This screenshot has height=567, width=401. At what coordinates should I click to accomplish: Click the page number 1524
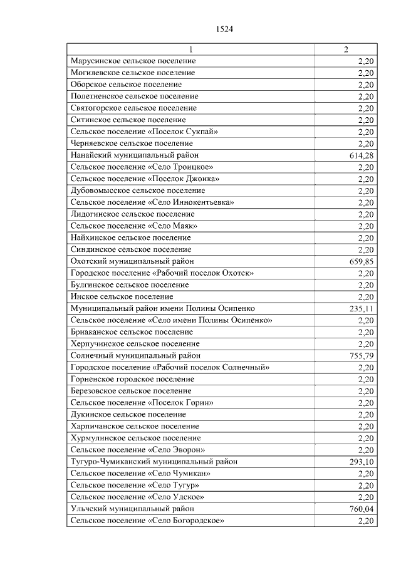pyautogui.click(x=224, y=29)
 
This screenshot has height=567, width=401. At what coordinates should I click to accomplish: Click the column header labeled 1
pyautogui.click(x=192, y=49)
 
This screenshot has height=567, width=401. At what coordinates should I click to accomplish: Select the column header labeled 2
pyautogui.click(x=346, y=49)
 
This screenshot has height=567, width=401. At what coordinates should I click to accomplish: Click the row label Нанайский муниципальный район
pyautogui.click(x=130, y=155)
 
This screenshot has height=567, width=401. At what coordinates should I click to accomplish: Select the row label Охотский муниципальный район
pyautogui.click(x=132, y=261)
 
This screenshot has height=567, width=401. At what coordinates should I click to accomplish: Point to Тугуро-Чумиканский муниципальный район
pyautogui.click(x=154, y=462)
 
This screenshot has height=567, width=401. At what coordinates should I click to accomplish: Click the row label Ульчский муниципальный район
pyautogui.click(x=132, y=509)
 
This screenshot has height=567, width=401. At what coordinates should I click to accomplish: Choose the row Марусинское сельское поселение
pyautogui.click(x=133, y=61)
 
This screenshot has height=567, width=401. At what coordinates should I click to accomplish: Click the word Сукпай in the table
pyautogui.click(x=202, y=132)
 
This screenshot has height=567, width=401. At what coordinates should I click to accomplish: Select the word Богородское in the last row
pyautogui.click(x=199, y=521)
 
